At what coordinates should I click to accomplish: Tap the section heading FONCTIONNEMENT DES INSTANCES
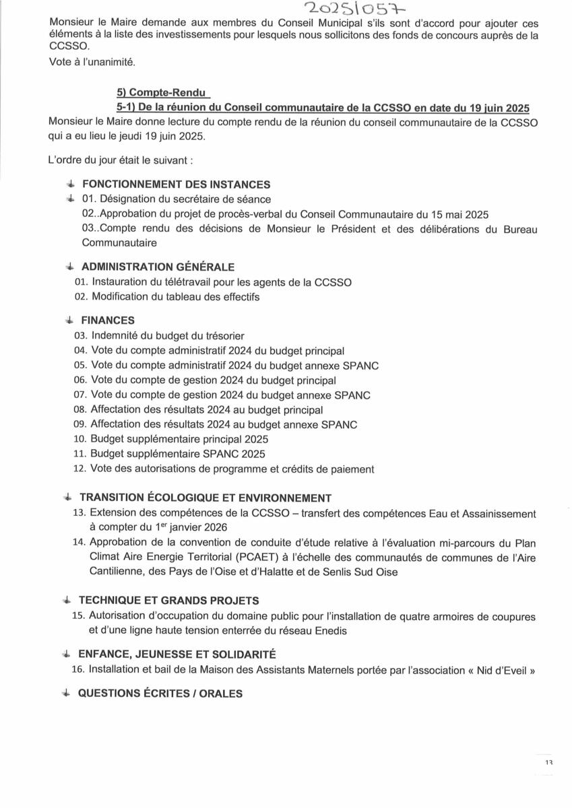click(x=176, y=184)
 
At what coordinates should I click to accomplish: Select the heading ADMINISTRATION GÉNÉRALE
click(x=158, y=267)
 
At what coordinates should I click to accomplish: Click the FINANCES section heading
click(x=108, y=321)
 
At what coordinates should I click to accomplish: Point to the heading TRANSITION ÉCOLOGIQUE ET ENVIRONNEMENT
click(x=205, y=498)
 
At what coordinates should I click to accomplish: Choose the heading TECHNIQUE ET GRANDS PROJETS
click(x=169, y=601)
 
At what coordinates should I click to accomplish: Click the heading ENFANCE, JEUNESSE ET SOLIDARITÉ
click(x=177, y=654)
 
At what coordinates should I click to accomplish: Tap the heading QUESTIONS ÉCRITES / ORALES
click(x=160, y=694)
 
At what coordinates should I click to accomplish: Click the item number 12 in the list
click(x=80, y=469)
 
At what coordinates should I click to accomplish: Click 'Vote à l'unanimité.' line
click(x=92, y=63)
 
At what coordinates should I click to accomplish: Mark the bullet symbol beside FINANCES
click(x=69, y=321)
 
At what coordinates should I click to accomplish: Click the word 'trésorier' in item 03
click(x=223, y=336)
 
